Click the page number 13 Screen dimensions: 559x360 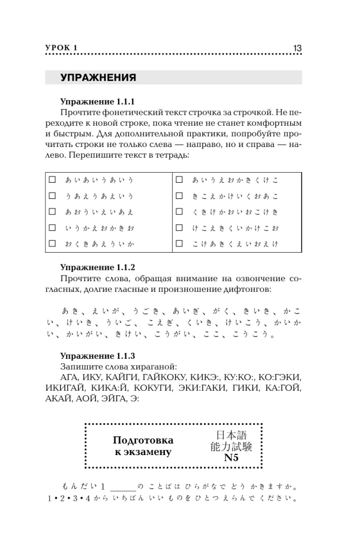tap(297, 48)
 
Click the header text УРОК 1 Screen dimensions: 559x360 tap(61, 49)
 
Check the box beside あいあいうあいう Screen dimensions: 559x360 tap(53, 180)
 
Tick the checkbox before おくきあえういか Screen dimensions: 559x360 tap(53, 244)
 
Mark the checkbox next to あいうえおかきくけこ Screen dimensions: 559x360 tap(179, 180)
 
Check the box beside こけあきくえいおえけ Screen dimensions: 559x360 tap(179, 244)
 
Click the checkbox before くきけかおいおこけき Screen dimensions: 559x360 tap(179, 212)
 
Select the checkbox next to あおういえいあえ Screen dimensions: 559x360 tap(53, 212)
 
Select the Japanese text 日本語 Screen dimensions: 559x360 tap(231, 434)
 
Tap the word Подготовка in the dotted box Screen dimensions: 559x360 tap(143, 440)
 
